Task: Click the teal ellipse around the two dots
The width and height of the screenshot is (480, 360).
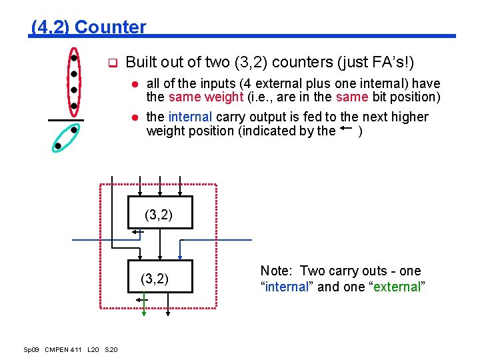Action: (x=67, y=138)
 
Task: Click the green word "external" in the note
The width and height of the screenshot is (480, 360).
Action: (x=397, y=287)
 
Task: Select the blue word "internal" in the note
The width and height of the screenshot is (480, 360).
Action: (x=283, y=287)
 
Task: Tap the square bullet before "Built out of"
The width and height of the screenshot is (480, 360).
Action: (x=113, y=65)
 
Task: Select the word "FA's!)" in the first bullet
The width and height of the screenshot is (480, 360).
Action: (x=395, y=63)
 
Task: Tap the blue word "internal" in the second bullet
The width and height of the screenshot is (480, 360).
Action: (x=191, y=117)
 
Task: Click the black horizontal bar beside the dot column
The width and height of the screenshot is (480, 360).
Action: (x=66, y=121)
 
